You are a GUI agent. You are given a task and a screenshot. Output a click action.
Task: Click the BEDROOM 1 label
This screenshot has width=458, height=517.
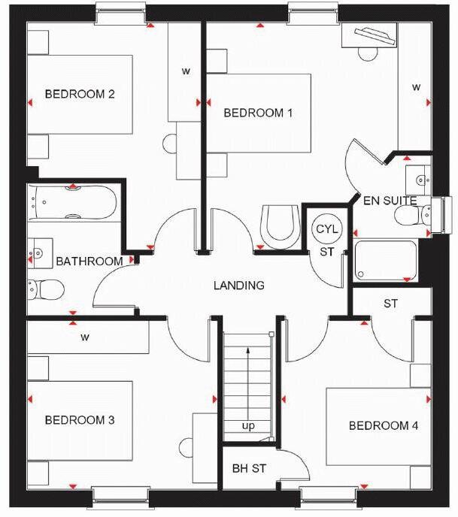[258, 113]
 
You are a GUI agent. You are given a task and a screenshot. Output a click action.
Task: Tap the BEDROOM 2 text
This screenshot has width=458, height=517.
[80, 94]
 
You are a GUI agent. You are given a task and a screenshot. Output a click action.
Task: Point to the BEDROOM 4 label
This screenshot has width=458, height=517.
[384, 425]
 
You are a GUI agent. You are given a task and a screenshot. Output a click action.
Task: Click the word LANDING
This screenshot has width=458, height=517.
[238, 286]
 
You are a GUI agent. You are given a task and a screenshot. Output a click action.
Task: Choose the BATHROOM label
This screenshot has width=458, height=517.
[89, 261]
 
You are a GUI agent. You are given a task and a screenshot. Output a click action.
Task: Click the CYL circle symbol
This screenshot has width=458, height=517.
[326, 228]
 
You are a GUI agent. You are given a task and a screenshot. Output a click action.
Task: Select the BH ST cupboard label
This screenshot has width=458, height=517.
[249, 468]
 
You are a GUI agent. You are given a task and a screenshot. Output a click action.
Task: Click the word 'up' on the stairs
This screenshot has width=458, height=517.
[247, 426]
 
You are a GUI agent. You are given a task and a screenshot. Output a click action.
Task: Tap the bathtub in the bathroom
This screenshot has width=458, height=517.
[73, 203]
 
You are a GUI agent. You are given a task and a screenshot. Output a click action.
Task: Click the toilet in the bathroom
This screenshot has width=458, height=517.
[47, 288]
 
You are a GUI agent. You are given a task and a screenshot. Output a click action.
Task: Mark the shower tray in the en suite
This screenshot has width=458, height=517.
[385, 260]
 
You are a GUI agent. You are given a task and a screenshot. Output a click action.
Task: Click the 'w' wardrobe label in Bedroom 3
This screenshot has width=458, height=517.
[85, 337]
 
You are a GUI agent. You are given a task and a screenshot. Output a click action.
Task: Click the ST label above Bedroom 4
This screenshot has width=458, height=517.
[390, 304]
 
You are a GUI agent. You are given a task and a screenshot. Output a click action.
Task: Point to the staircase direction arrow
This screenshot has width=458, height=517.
[247, 379]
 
